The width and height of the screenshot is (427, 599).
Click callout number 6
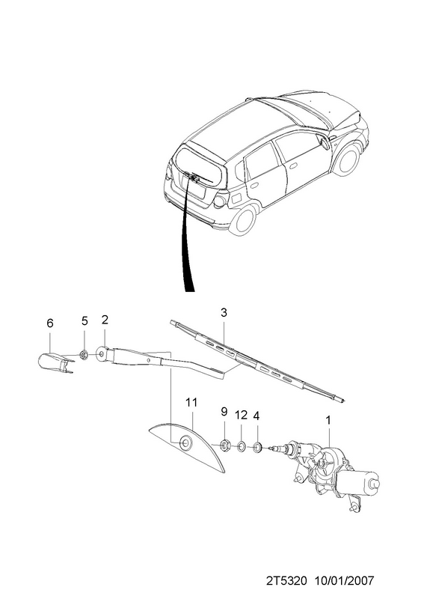pyautogui.click(x=50, y=323)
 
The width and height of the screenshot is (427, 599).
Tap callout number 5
pyautogui.click(x=85, y=321)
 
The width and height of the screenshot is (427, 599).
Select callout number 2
pyautogui.click(x=105, y=320)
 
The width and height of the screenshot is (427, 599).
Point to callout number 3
pyautogui.click(x=224, y=312)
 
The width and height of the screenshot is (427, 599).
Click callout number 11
pyautogui.click(x=191, y=402)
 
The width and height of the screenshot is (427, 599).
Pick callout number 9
pyautogui.click(x=224, y=411)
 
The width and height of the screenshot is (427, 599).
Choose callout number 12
pyautogui.click(x=241, y=415)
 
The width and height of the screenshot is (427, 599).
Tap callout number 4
pyautogui.click(x=256, y=416)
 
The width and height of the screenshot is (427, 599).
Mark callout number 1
pyautogui.click(x=328, y=420)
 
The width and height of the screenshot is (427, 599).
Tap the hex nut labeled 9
pyautogui.click(x=225, y=445)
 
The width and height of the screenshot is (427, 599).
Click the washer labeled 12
pyautogui.click(x=241, y=446)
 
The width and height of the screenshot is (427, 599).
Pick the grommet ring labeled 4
pyautogui.click(x=256, y=446)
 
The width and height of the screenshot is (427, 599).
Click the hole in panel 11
pyautogui.click(x=187, y=443)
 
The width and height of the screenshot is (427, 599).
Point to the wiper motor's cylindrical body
pyautogui.click(x=358, y=482)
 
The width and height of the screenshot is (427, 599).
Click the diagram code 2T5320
pyautogui.click(x=286, y=581)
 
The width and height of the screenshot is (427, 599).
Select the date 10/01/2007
pyautogui.click(x=344, y=581)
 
